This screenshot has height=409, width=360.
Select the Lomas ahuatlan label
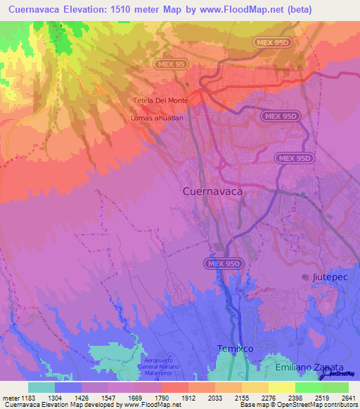coord(157,118)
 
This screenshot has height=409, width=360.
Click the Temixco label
coord(235,349)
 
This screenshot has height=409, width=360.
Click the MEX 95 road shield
coord(170,64)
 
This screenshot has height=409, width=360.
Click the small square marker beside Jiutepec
coord(305,277)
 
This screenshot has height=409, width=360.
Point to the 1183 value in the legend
coord(28,398)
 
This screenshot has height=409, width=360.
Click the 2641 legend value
coord(349,398)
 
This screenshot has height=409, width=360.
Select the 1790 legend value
coord(162,398)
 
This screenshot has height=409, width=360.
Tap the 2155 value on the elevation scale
coord(242,398)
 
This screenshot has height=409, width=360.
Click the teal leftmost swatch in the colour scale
coord(41,387)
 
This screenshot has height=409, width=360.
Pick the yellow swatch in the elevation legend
coord(281,387)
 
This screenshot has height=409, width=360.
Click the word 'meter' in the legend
coord(10,398)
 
